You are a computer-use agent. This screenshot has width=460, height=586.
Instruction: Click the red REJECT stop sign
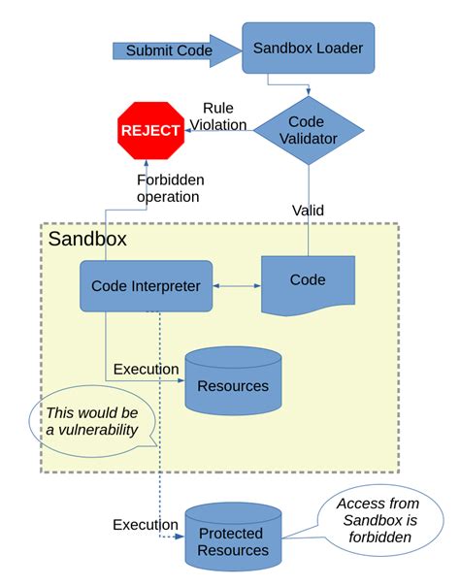[x=150, y=130]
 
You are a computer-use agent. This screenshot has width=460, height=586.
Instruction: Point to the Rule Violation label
[x=223, y=115]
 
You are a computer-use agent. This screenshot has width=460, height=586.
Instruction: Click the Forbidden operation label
[x=167, y=187]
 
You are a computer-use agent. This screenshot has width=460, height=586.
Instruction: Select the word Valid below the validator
[x=308, y=210]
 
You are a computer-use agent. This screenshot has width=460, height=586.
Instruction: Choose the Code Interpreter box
[x=146, y=285]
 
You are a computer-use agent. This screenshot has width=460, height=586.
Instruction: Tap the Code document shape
[x=308, y=281]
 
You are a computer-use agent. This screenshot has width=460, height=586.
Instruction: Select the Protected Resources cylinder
[x=233, y=541]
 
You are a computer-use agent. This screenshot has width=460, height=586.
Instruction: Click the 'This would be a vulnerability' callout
[x=91, y=421]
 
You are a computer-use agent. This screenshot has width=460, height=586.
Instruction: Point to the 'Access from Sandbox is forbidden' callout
[x=377, y=524]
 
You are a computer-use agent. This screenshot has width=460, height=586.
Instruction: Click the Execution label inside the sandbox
[x=146, y=369]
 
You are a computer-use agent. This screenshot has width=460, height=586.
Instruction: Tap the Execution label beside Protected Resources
[x=145, y=525]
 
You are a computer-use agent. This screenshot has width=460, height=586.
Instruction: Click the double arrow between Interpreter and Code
[x=237, y=286]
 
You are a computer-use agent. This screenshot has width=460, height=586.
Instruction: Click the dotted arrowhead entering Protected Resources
[x=181, y=536]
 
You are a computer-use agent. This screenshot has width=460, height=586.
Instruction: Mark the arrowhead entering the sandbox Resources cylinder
[x=181, y=380]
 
